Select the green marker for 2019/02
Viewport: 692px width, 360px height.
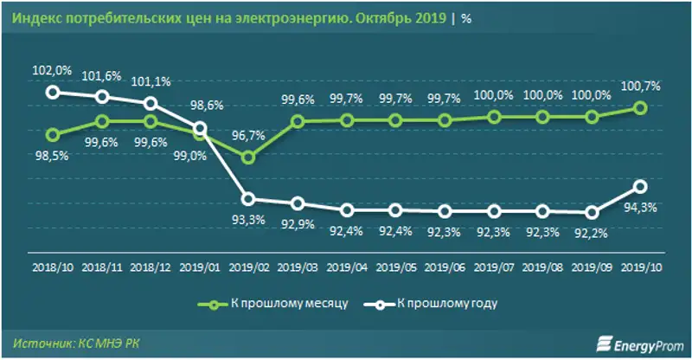pyautogui.click(x=249, y=157)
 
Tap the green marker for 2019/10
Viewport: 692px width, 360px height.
pyautogui.click(x=639, y=108)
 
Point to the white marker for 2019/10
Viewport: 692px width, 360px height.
pyautogui.click(x=639, y=185)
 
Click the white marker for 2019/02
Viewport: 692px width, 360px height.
pyautogui.click(x=249, y=199)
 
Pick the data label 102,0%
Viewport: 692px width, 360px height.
pyautogui.click(x=54, y=71)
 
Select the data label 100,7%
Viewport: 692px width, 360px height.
pyautogui.click(x=641, y=86)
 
